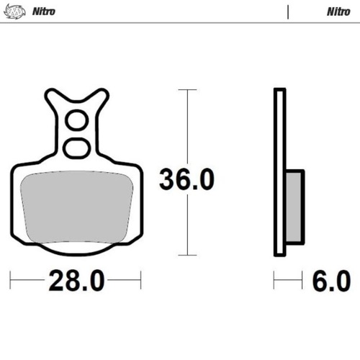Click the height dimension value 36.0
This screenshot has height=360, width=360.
186,180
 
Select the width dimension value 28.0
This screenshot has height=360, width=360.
76,281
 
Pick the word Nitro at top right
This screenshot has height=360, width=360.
338,12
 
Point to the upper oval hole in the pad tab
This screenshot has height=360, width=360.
76,120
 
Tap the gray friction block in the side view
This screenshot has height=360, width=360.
295,205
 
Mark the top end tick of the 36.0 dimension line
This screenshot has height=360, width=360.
187,90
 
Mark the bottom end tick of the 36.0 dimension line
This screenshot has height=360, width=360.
187,255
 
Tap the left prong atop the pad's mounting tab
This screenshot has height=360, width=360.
54,97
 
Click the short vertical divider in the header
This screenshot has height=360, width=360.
287,12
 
